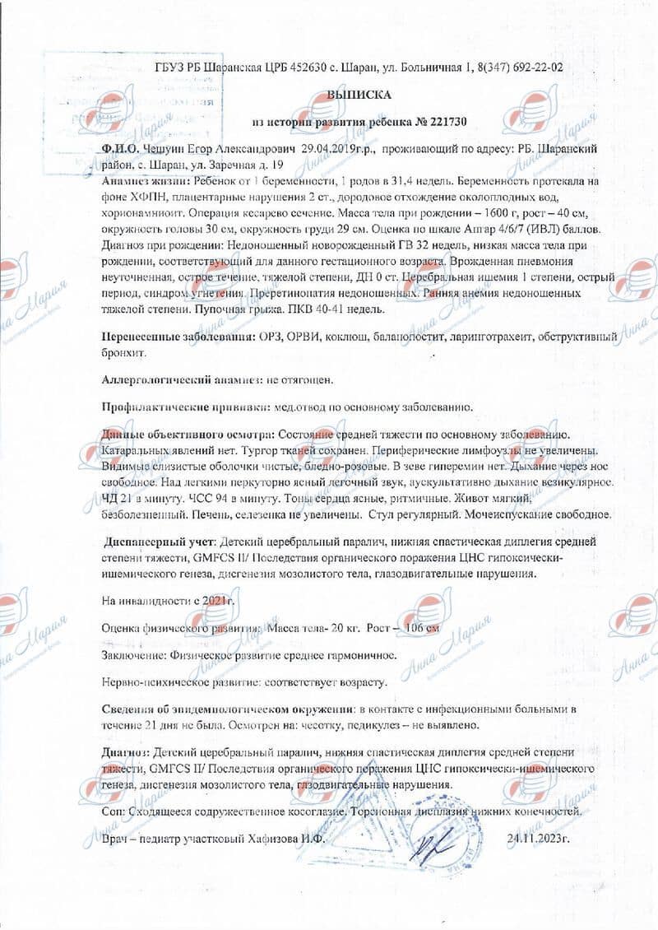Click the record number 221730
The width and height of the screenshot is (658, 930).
451,122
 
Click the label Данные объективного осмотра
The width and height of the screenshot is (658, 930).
188,435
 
